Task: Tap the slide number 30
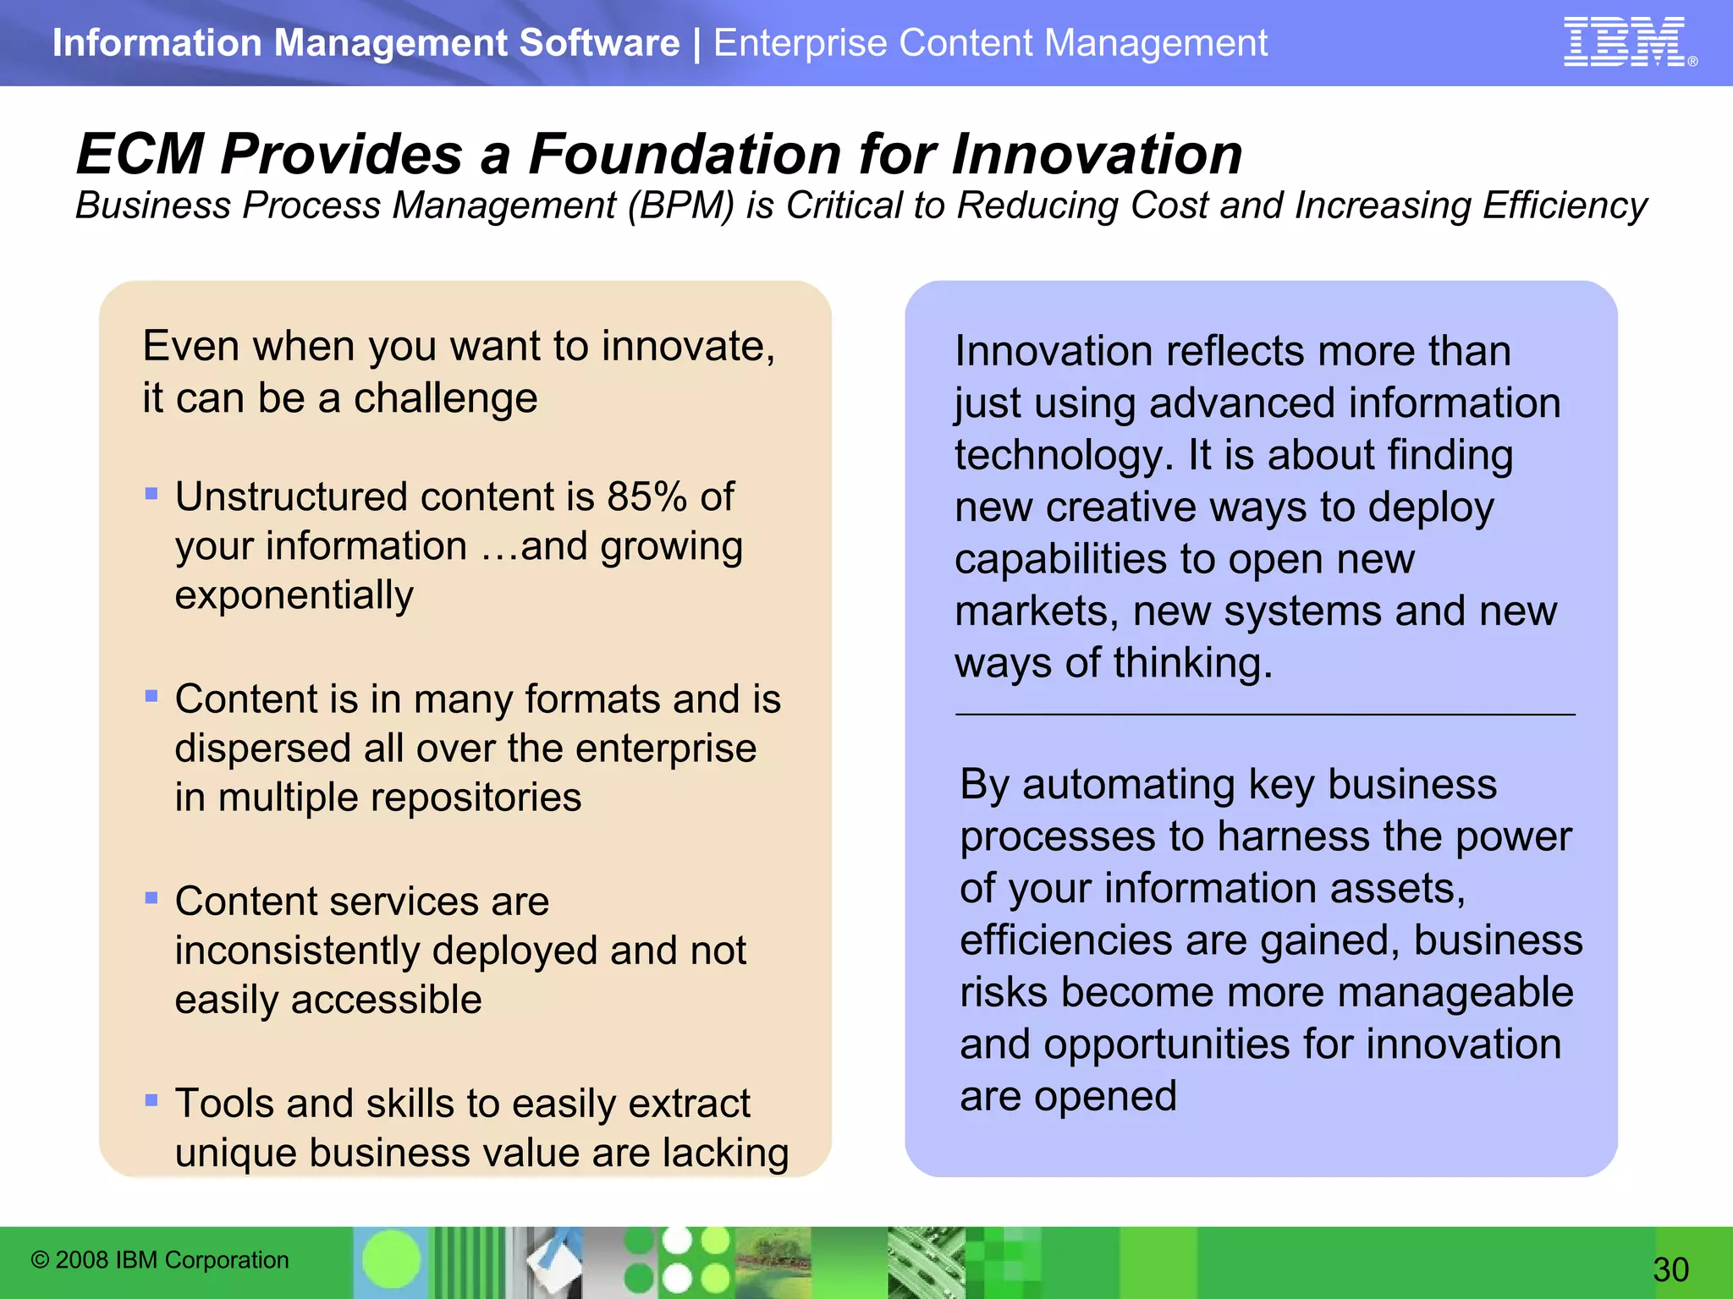1670,1269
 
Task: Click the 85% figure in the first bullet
646,496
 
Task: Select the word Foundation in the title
685,155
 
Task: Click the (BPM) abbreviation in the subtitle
680,206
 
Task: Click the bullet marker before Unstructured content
151,494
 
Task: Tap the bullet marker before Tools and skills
151,1100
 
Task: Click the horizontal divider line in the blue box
1265,715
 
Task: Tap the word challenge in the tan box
445,397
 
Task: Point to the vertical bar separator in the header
696,43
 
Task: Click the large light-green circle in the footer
391,1259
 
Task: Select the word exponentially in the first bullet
294,595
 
